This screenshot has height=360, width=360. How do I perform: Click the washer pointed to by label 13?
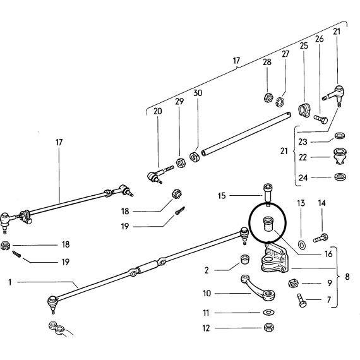[x=301, y=245]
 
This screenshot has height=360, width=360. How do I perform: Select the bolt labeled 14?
[x=320, y=238]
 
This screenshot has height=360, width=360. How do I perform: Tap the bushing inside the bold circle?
[x=268, y=224]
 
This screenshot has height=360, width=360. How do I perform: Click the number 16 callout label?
[x=328, y=254]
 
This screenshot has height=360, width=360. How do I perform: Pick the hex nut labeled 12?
[x=268, y=327]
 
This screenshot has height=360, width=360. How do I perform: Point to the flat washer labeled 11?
[x=268, y=313]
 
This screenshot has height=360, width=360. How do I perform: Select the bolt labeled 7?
[x=301, y=300]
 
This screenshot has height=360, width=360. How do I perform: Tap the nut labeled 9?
[x=293, y=283]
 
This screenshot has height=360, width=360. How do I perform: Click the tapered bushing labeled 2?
[x=245, y=259]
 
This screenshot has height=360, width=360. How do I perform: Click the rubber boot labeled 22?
[x=339, y=156]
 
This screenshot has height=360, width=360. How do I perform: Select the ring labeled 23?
[x=339, y=135]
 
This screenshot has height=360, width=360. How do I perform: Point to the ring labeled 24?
[x=340, y=177]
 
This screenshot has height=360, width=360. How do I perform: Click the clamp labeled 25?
[x=304, y=111]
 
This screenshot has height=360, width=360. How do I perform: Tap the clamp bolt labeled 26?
[x=321, y=119]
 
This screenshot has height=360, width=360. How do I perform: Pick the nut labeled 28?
[x=268, y=98]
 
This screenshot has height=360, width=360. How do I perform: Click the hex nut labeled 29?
[x=181, y=163]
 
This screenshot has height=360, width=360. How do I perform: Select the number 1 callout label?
[x=10, y=282]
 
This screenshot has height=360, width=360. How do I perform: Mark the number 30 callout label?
[x=198, y=93]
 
